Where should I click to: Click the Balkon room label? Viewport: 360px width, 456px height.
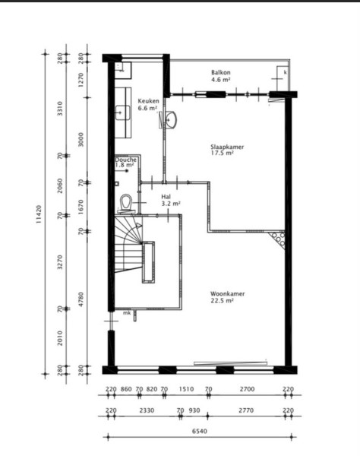pos(221,72)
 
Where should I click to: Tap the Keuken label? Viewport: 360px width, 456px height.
pos(148,101)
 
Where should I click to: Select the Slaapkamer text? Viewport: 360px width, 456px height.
pos(227,147)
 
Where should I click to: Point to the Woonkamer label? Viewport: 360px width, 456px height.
pos(228,293)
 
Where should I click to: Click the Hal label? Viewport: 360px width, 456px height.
pos(166,197)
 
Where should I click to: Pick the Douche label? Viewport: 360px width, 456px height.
pos(126,160)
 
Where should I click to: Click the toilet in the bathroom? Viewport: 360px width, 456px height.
pos(126,203)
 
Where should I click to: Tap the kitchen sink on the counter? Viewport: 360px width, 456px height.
pos(122,112)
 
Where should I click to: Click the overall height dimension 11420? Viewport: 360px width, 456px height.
pos(39,214)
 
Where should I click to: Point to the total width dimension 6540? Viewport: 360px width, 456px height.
pos(200,431)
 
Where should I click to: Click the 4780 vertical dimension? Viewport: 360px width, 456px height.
pos(81,299)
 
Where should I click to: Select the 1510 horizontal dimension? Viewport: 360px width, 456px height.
pos(186,389)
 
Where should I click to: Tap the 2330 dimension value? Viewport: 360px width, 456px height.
pos(147,410)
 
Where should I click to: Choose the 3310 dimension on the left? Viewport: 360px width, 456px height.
pos(60,109)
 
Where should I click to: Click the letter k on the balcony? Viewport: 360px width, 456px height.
pos(285,72)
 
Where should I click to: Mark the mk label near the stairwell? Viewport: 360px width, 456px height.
pos(127,313)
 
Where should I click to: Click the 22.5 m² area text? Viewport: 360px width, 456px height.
pos(223,301)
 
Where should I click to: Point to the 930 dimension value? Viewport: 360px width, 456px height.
pos(194,410)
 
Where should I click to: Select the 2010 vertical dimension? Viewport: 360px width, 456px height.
pos(60,338)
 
